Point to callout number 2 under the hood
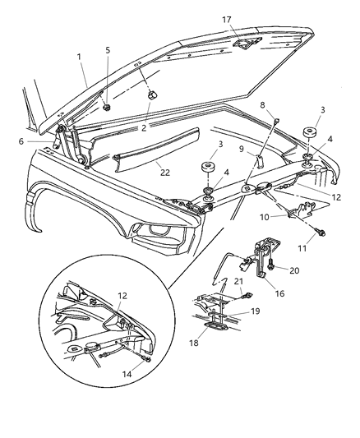143,127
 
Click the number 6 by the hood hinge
44,142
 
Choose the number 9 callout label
242,148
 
